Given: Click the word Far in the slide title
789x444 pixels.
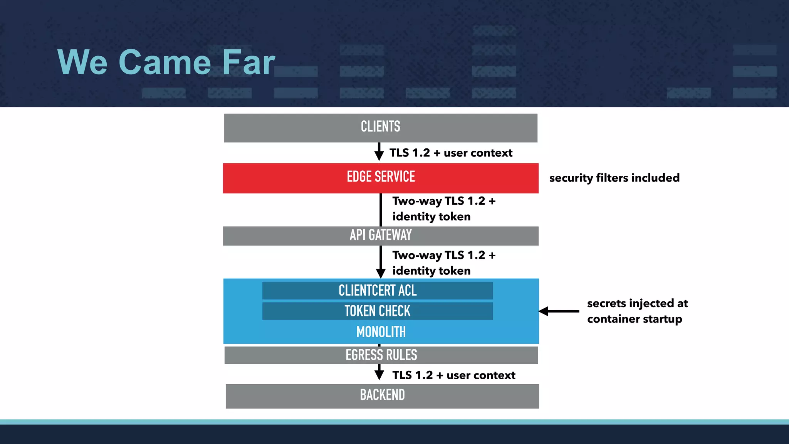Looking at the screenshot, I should pyautogui.click(x=248, y=62).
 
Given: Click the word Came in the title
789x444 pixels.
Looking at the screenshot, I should pyautogui.click(x=165, y=62).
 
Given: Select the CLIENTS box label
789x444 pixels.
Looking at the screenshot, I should pyautogui.click(x=380, y=127).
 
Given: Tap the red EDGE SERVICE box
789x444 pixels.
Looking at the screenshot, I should pyautogui.click(x=381, y=177).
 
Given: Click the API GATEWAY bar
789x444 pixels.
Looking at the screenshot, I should pyautogui.click(x=381, y=235).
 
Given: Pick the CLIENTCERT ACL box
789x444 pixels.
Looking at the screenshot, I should pyautogui.click(x=378, y=291).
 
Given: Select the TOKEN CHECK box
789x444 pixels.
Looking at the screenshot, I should pyautogui.click(x=378, y=311).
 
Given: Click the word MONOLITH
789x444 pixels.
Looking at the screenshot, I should pyautogui.click(x=381, y=332).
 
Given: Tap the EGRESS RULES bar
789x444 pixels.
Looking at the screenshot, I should pyautogui.click(x=381, y=355).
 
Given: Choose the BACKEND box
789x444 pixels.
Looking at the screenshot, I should pyautogui.click(x=382, y=395).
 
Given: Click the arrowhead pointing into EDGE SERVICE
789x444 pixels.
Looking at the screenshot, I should pyautogui.click(x=379, y=156).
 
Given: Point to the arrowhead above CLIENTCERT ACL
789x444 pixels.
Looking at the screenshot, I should pyautogui.click(x=381, y=273).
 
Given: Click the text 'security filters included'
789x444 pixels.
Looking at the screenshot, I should pyautogui.click(x=614, y=178).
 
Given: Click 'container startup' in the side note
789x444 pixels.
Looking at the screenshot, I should pyautogui.click(x=635, y=319).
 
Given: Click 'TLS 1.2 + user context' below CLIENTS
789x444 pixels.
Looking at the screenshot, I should pyautogui.click(x=451, y=153).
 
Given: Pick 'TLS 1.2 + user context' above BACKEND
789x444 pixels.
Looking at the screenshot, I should pyautogui.click(x=453, y=375).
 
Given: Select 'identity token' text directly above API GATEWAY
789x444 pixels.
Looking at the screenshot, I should pyautogui.click(x=431, y=217).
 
